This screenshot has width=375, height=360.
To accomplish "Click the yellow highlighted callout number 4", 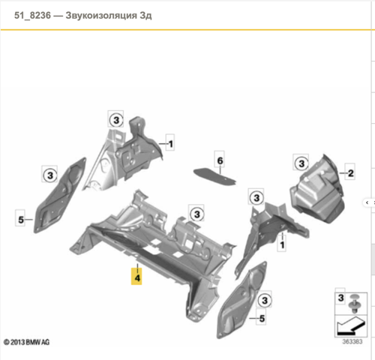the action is coord(136,277).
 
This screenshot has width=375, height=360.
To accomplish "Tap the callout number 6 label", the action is coord(220,160).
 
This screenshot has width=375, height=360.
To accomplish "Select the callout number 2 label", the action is coord(350,173).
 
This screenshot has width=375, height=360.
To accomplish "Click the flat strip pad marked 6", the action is coord(214,176).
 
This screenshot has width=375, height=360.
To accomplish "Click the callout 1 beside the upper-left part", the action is coord(170,144).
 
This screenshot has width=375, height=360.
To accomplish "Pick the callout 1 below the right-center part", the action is coord(282,244).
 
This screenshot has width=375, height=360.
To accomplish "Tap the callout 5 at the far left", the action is coord(21,220).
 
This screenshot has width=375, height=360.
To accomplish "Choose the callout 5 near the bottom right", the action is coord(262,318).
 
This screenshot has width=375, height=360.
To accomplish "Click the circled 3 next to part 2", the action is coord(301,163).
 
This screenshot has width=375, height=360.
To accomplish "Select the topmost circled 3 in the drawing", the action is coord(116,120).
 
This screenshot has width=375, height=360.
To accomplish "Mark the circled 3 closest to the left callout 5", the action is coord(50,175).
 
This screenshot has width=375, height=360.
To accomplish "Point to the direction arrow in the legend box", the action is coord(350,326).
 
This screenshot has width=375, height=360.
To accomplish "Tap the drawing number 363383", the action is coord(352,341).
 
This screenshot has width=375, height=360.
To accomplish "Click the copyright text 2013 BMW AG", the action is coord(27,342).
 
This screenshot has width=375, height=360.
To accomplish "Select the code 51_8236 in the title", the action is coord(32,16).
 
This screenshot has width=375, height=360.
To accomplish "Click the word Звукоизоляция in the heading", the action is coord(101,16).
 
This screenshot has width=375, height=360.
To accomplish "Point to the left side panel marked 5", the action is coord(60,195).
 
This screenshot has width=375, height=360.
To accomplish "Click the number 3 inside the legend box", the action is coord(340,298).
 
